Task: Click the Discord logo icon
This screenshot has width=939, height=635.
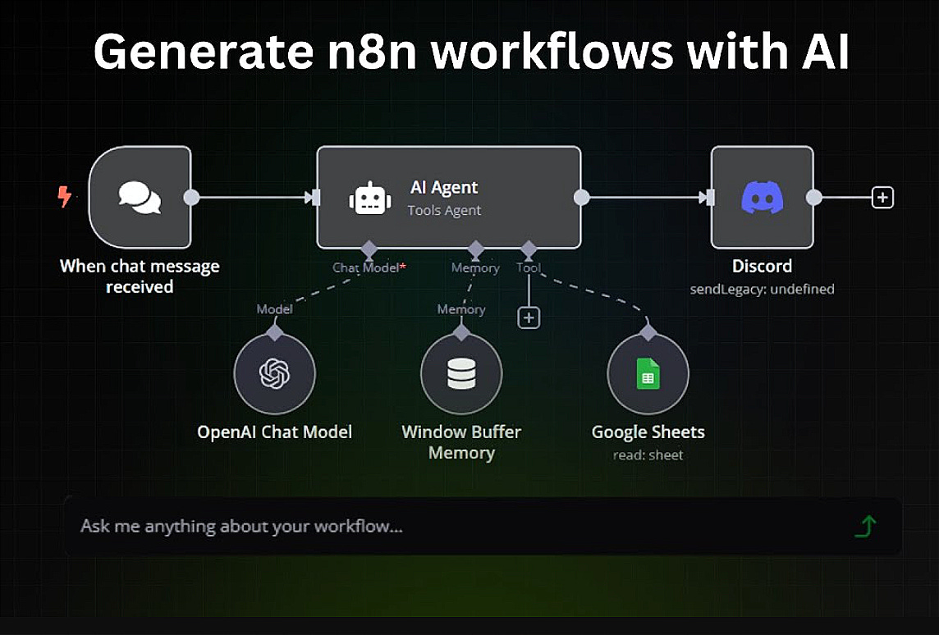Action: tap(762, 198)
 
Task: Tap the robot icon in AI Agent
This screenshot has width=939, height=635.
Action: tap(370, 199)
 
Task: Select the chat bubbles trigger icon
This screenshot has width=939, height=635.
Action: tap(140, 198)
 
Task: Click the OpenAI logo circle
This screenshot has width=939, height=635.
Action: tap(274, 374)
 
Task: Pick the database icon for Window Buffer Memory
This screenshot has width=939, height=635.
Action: tap(460, 374)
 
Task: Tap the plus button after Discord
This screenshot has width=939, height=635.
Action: tap(882, 198)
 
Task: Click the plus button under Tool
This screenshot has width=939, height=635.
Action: tap(529, 317)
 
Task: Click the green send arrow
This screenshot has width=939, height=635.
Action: tap(865, 526)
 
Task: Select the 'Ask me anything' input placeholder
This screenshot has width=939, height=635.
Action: tap(241, 526)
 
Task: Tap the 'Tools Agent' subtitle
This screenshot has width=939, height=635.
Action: tap(444, 211)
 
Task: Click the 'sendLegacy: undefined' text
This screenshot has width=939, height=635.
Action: tap(762, 289)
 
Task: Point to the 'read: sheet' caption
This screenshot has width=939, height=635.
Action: tap(648, 455)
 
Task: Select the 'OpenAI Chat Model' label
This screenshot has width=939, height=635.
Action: tap(274, 432)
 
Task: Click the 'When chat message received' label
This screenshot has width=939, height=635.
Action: tap(140, 276)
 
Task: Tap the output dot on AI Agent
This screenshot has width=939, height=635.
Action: tap(581, 198)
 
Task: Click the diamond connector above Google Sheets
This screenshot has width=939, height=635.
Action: tap(648, 332)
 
